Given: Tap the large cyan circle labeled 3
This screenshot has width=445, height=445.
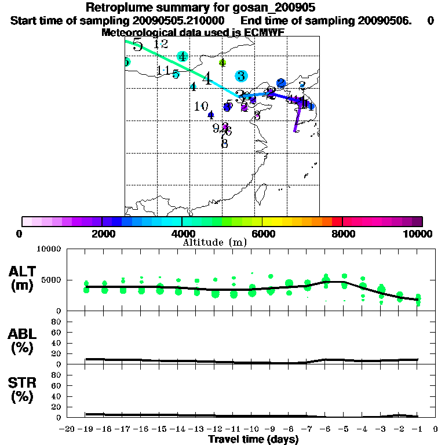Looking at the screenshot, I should pyautogui.click(x=241, y=75).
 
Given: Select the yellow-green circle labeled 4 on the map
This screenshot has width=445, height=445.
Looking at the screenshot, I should pyautogui.click(x=222, y=63).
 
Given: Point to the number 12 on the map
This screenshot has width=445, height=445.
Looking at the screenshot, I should pyautogui.click(x=161, y=43).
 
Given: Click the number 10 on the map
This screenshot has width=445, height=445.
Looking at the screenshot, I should pyautogui.click(x=201, y=107).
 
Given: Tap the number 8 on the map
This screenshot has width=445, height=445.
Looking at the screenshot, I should pyautogui.click(x=224, y=143).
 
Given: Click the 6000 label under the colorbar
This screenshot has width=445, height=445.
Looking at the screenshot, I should pyautogui.click(x=262, y=234).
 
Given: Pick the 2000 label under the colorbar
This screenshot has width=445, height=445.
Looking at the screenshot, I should pyautogui.click(x=101, y=234).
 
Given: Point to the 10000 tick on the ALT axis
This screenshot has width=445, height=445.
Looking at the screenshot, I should pyautogui.click(x=49, y=249).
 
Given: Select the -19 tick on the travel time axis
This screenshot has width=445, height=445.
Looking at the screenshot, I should pyautogui.click(x=86, y=429).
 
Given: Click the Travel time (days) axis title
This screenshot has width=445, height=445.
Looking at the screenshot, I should pyautogui.click(x=253, y=439).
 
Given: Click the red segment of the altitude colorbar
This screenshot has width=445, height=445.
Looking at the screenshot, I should pyautogui.click(x=337, y=221).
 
